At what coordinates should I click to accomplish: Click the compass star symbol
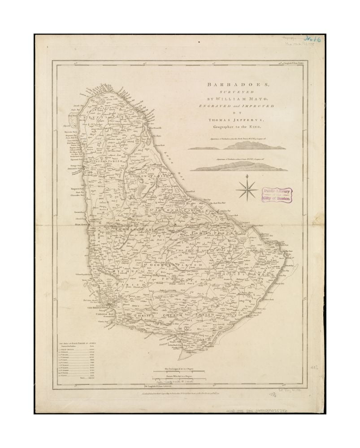(x=247, y=189)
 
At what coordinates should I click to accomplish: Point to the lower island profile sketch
(x=236, y=166)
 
